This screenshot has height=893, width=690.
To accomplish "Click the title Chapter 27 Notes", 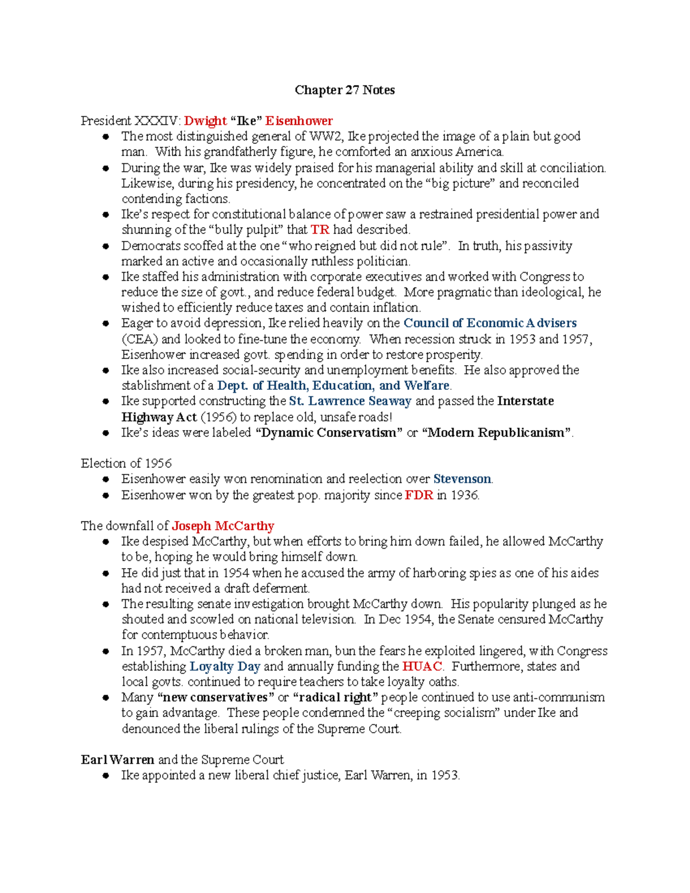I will click(x=344, y=90).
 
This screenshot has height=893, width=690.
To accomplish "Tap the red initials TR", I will click(x=320, y=229).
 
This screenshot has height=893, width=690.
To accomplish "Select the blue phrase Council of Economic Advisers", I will click(x=490, y=323).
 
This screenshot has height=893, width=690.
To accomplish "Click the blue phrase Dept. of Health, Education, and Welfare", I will click(x=333, y=385).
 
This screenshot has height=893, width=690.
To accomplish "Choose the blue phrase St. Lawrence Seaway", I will click(x=350, y=401).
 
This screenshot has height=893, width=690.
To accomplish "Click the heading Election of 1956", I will click(x=126, y=463).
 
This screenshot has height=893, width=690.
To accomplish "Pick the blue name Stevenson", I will click(x=462, y=479).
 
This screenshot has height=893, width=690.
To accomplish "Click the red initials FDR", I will click(x=419, y=495).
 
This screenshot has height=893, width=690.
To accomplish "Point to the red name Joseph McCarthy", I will click(x=223, y=526).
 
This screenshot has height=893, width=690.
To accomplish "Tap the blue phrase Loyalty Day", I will click(x=225, y=666).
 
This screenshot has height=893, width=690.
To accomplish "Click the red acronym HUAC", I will click(x=422, y=666).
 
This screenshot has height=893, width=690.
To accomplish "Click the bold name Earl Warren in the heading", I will click(x=117, y=760).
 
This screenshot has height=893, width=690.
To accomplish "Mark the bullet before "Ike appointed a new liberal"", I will click(x=106, y=776).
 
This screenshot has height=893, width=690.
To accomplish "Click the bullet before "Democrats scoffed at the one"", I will click(x=106, y=246).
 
